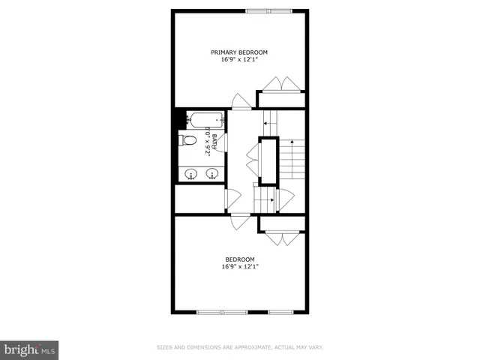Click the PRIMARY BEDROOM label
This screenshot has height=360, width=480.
click(x=239, y=52)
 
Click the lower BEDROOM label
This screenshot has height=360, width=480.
click(x=239, y=259)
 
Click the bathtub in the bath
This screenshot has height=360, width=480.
click(x=205, y=118)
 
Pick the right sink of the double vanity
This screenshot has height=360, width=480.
click(x=212, y=175)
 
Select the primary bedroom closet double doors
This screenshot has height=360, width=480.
click(x=281, y=84)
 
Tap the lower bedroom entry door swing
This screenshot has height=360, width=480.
click(x=240, y=222)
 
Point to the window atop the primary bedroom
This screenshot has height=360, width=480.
click(x=269, y=10)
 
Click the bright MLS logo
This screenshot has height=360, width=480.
click(x=29, y=349)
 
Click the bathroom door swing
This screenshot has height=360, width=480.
click(x=222, y=142)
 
